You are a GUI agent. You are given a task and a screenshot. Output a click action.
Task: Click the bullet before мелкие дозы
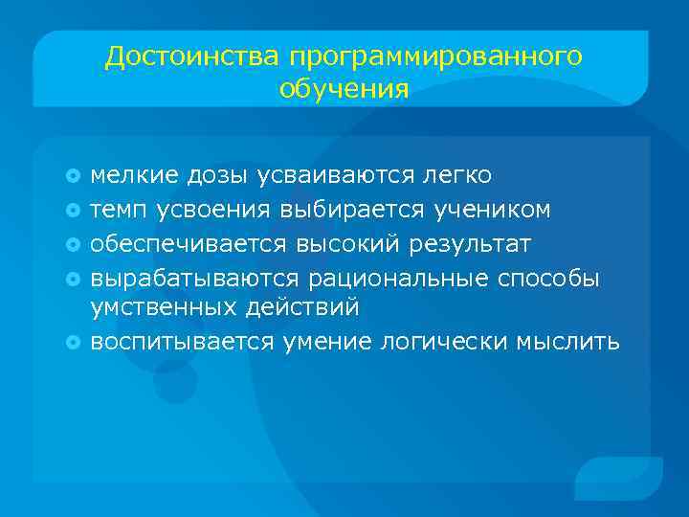pyautogui.click(x=76, y=175)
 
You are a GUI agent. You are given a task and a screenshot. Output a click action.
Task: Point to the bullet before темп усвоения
pyautogui.click(x=76, y=209)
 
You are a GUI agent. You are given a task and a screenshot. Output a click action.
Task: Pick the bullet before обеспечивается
pyautogui.click(x=76, y=242)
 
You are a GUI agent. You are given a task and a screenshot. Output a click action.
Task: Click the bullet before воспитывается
pyautogui.click(x=76, y=342)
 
